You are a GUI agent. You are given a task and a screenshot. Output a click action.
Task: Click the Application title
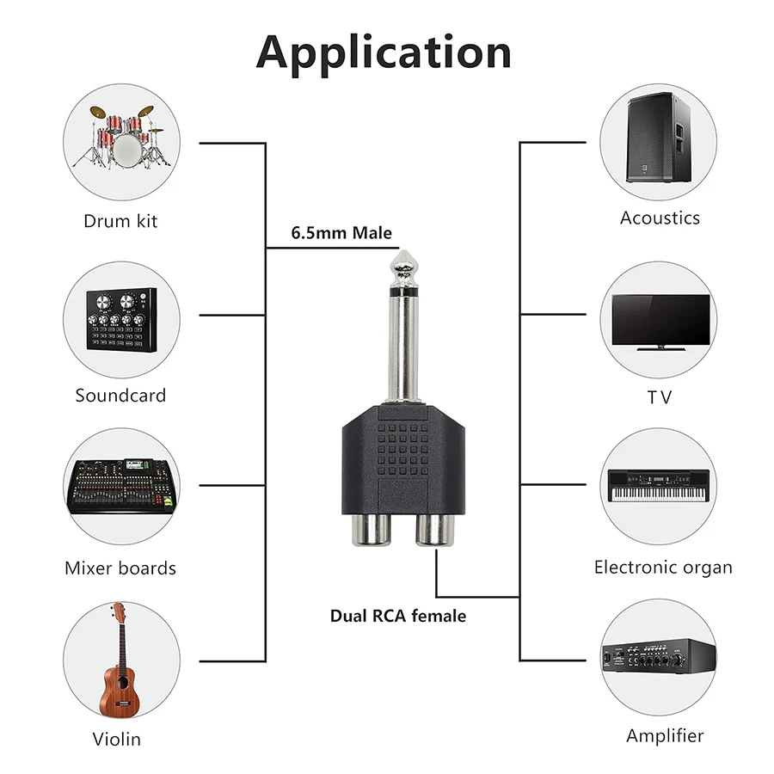coord(384,52)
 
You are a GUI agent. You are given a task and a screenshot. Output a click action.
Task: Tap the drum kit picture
coord(121,138)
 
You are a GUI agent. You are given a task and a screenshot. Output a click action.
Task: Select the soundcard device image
coord(121,319)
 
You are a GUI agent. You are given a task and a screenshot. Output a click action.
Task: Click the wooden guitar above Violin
coord(119,660)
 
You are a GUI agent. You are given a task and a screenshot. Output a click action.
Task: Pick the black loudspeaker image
coord(659,138)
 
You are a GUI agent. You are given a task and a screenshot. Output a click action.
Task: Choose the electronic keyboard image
coord(659,486)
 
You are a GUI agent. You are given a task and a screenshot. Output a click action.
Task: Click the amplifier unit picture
coord(659,656)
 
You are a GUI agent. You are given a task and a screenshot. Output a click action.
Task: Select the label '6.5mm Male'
coord(341,232)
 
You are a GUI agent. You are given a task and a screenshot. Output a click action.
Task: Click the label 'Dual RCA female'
coord(398,616)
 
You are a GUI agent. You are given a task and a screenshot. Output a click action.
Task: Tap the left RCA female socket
coord(372,530)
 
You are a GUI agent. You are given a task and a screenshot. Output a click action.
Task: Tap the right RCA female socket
coord(434,530)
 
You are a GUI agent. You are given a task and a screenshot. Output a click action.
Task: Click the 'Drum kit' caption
coord(120,221)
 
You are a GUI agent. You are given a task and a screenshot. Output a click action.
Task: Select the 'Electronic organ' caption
coord(663,568)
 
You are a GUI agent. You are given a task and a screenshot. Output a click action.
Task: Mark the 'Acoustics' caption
coord(660,218)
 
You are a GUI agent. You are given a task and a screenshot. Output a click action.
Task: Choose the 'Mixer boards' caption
coord(120,568)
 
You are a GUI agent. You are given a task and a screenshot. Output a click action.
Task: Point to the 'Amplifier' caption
coord(665,736)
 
